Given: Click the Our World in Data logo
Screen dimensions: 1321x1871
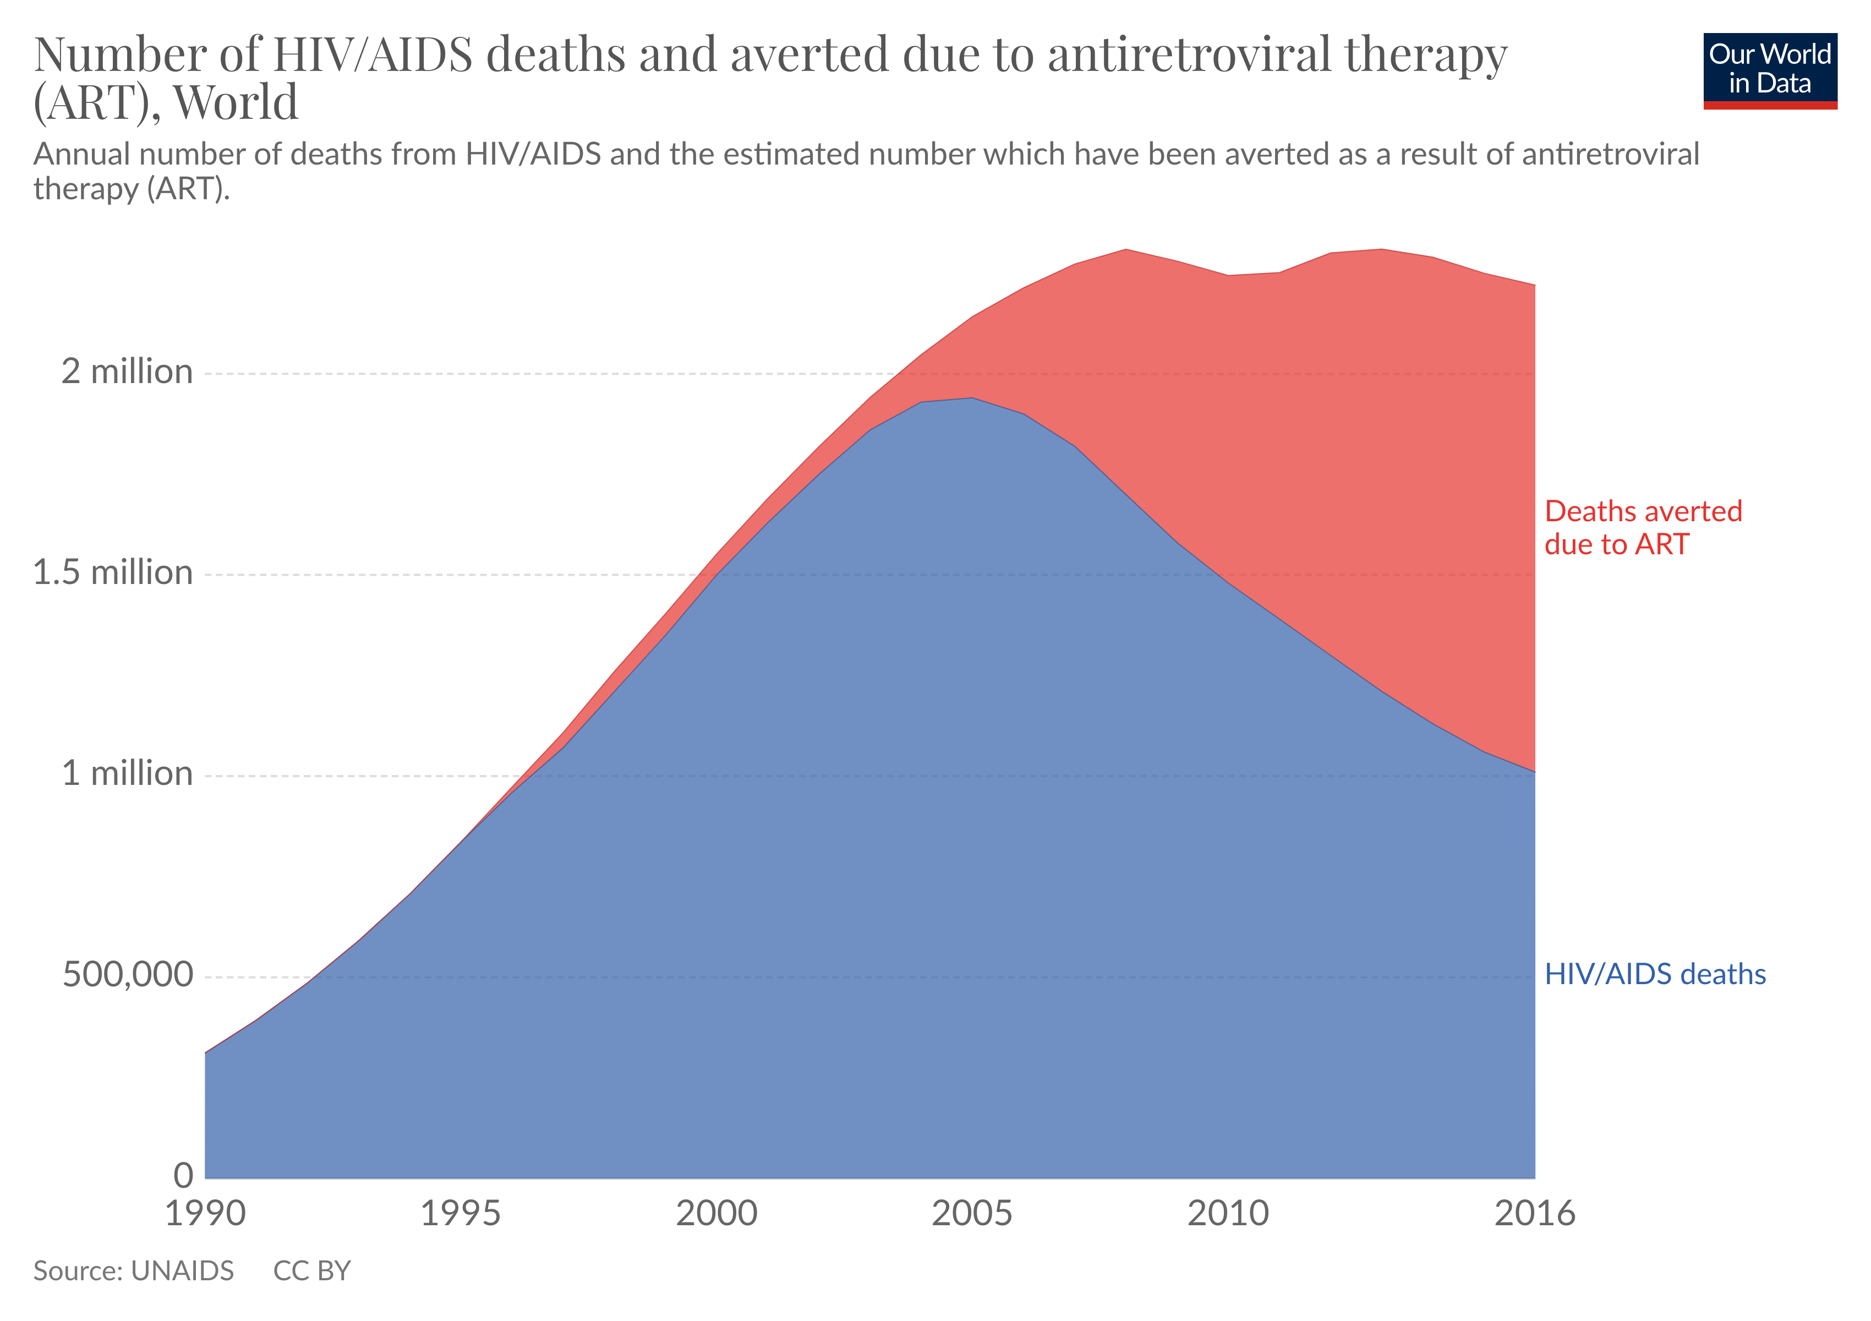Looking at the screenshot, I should (1769, 70).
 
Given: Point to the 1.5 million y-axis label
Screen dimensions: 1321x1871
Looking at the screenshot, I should (112, 573).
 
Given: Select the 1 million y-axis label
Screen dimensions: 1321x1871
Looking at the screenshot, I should (127, 773).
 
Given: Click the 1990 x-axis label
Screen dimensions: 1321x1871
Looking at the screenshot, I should (205, 1214).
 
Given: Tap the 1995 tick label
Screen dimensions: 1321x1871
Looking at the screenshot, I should (461, 1214).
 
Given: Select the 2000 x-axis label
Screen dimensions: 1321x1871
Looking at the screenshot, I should (716, 1214).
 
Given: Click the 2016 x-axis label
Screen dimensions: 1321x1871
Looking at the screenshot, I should (1534, 1214).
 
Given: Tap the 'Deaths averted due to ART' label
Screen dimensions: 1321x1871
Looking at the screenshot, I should (1642, 528).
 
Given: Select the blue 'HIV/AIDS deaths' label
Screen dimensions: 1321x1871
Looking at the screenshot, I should (1654, 975).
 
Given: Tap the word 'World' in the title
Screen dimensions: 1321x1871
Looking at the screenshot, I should (236, 103).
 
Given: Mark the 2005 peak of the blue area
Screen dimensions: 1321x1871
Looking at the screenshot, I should (971, 399).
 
